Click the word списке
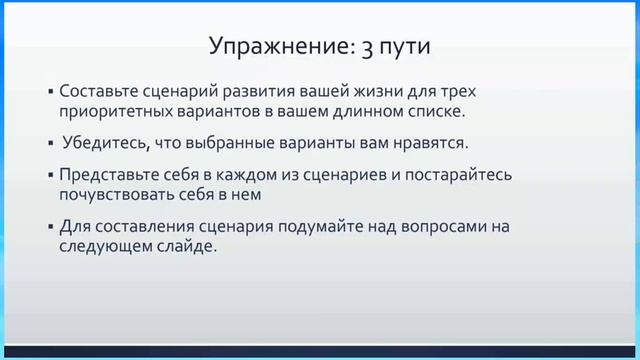440,110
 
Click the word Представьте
109,174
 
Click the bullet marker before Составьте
50,89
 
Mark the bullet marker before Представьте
50,174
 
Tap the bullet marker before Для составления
50,227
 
